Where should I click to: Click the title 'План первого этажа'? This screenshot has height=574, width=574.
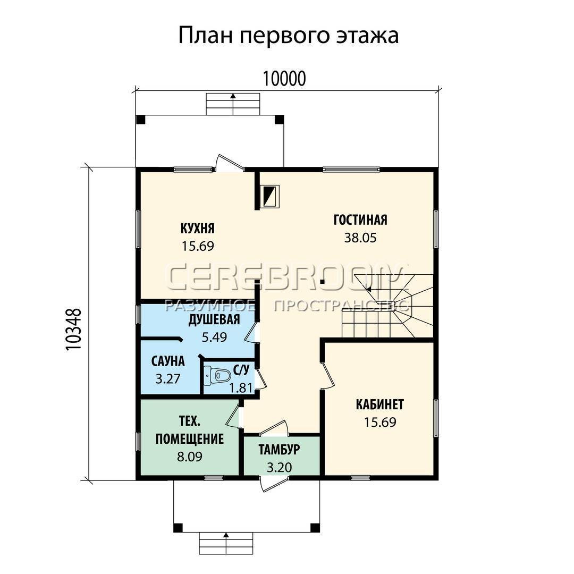click(x=288, y=36)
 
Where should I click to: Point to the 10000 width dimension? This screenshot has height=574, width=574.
click(x=284, y=78)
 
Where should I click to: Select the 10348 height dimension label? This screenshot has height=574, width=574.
click(x=73, y=330)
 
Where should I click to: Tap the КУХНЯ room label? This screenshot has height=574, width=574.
click(x=198, y=229)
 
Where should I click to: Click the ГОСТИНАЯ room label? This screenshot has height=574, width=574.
click(x=360, y=220)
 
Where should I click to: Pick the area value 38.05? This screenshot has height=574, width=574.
click(x=360, y=238)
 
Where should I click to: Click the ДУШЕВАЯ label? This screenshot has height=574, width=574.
click(x=214, y=319)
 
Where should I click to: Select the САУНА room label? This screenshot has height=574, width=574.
click(x=168, y=361)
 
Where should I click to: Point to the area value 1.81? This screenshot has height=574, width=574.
click(x=241, y=387)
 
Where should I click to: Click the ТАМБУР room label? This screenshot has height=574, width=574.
click(x=280, y=450)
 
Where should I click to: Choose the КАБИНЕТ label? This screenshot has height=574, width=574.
click(x=380, y=404)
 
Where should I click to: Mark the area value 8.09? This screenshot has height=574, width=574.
click(x=190, y=457)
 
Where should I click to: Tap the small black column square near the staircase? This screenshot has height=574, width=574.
click(x=322, y=282)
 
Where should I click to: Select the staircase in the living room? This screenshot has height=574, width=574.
click(x=388, y=306)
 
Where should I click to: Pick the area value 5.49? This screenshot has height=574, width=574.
click(x=214, y=337)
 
